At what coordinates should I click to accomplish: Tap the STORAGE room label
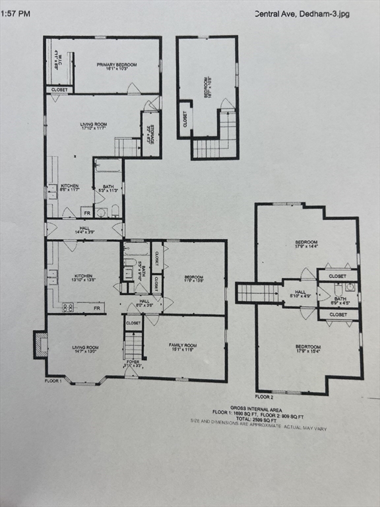coord(151,133)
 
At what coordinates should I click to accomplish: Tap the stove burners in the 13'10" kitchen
coord(67,307)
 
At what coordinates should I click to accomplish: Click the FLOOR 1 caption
coord(53,381)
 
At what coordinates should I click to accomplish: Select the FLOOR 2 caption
coord(264,397)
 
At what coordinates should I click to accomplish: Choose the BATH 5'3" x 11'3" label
coord(108,189)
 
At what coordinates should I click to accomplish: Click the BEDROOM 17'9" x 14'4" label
coord(306,244)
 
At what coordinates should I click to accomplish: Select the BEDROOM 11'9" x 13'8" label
coord(193,279)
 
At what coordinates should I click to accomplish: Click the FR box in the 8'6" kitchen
coord(86,212)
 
